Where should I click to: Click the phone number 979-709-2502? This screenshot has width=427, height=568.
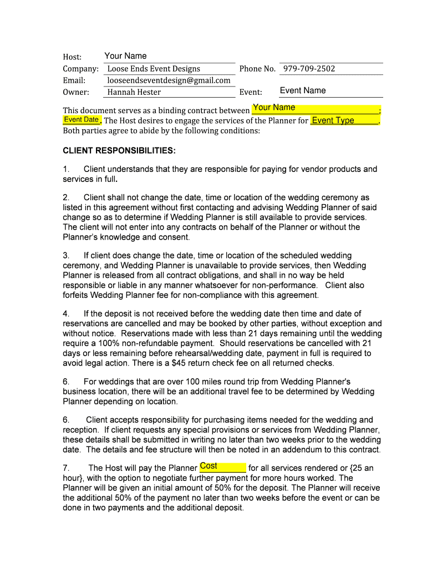[309, 69]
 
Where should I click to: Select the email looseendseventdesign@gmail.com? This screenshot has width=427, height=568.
[169, 80]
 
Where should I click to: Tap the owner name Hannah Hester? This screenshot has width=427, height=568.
[134, 92]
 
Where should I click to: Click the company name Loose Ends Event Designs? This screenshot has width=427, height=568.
[154, 69]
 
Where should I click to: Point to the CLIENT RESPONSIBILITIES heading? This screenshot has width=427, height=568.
[119, 151]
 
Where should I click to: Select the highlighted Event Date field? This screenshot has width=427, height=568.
[82, 120]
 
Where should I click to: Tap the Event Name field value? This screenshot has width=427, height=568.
[303, 90]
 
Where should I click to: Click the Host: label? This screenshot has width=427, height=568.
[72, 57]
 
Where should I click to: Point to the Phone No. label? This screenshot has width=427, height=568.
[257, 69]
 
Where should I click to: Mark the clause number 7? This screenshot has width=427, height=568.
[66, 468]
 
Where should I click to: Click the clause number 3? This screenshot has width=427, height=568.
[66, 256]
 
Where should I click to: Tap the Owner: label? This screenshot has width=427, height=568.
[76, 92]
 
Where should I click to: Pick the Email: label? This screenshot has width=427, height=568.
[74, 80]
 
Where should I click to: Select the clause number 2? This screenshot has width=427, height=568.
[66, 197]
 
